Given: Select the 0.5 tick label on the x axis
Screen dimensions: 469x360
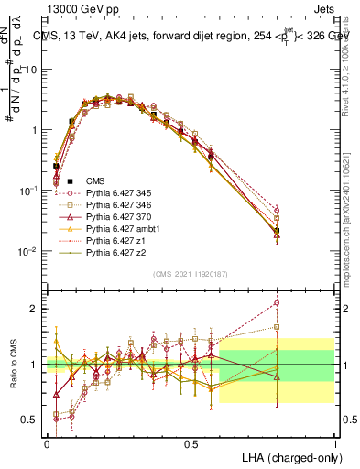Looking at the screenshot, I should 191,443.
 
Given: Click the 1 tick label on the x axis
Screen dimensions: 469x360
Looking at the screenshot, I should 335,443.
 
